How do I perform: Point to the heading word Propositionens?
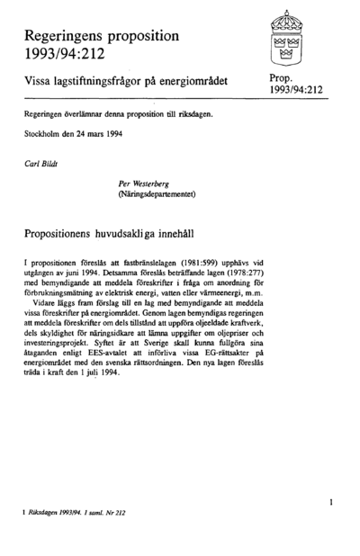[x=73, y=231]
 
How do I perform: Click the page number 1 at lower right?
[x=331, y=501]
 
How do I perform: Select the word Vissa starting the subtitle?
[x=40, y=82]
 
